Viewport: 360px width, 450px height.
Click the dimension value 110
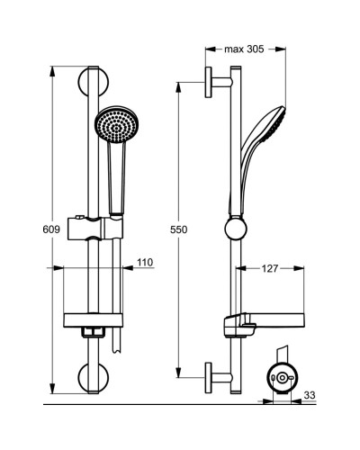[145, 262]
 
